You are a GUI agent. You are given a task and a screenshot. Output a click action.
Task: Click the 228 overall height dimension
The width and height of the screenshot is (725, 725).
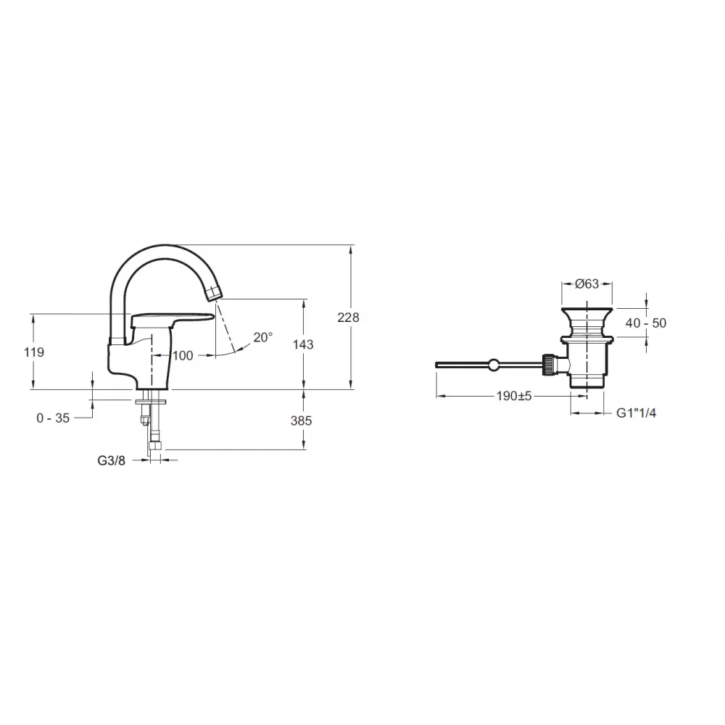tap(348, 318)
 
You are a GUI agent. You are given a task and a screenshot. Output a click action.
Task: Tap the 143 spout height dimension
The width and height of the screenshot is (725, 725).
tap(303, 344)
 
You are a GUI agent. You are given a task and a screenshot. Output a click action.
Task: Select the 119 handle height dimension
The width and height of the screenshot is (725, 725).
tap(34, 352)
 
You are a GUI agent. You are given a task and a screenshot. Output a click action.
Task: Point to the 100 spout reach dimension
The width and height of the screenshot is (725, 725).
tap(183, 355)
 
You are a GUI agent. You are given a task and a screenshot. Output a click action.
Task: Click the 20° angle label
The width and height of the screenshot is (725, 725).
tap(263, 337)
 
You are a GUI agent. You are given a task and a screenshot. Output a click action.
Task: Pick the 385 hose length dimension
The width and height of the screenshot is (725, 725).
tap(301, 420)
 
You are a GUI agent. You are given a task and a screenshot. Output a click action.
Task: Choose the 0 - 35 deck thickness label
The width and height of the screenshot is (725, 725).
tap(53, 418)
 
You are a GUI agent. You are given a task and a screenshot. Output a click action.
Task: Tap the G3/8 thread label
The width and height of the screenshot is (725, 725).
tap(112, 460)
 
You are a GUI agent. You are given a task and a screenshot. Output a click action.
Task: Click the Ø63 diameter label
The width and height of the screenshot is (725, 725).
tap(587, 283)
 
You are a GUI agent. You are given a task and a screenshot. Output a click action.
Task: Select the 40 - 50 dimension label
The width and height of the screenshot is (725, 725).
tap(646, 323)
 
